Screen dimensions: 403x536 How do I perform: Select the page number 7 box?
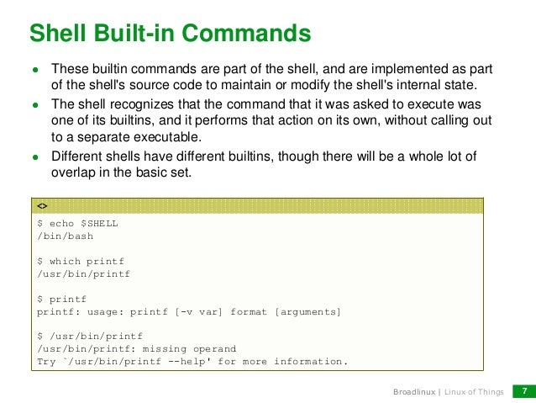(x=524, y=391)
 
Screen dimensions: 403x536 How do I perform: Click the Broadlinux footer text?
(x=415, y=392)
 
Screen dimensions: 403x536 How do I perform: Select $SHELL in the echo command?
(x=99, y=224)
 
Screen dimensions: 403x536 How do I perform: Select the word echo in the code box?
(x=61, y=224)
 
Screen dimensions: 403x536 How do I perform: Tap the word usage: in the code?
(x=102, y=311)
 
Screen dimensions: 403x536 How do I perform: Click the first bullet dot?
(x=35, y=69)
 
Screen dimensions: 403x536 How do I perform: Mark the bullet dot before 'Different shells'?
(x=35, y=156)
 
